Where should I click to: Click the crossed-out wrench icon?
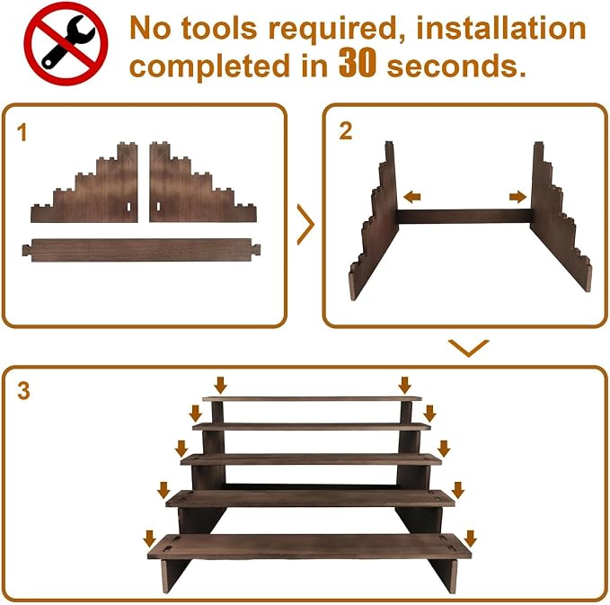(66, 43)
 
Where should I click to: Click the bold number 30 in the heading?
(358, 63)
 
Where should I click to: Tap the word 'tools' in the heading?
(219, 29)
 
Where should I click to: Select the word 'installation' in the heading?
(501, 28)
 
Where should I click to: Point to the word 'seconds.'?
(456, 66)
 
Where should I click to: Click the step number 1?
(22, 132)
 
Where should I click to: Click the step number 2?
(346, 131)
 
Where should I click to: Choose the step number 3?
(23, 390)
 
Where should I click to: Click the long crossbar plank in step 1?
(141, 250)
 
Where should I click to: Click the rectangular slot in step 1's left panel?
(128, 207)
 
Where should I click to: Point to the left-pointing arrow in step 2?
(412, 197)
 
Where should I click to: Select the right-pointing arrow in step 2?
(517, 197)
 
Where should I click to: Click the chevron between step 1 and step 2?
(306, 225)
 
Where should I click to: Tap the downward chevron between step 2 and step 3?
(468, 348)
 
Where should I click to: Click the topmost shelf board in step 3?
(312, 398)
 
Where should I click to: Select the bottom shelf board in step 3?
(309, 547)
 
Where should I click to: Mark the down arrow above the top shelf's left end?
(221, 385)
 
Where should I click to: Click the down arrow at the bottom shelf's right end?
(471, 538)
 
